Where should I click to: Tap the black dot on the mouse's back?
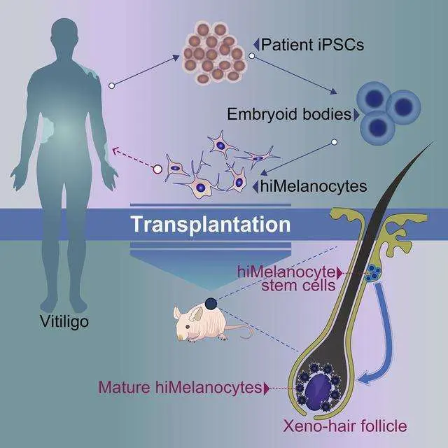pos(211,302)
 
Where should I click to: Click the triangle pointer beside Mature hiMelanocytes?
pos(267,386)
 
